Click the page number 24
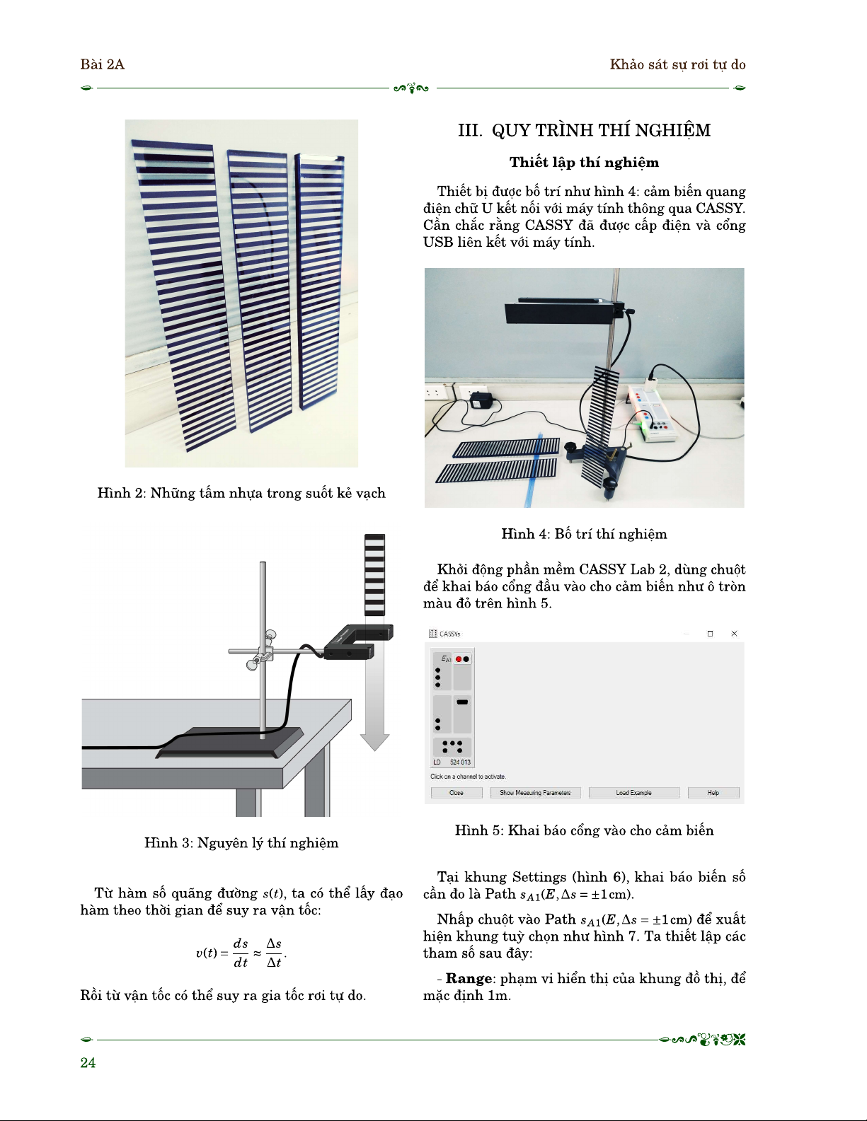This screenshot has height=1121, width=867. (x=88, y=1062)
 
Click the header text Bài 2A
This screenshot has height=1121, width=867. (x=102, y=64)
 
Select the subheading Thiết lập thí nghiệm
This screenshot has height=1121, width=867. (x=584, y=163)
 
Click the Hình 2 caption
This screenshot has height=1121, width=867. (x=241, y=493)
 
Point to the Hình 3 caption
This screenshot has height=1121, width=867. (x=241, y=842)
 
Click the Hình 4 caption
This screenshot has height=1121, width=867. (x=584, y=534)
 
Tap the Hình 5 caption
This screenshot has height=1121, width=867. (x=584, y=830)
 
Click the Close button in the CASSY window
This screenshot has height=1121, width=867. (x=457, y=793)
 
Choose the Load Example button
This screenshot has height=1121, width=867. (x=633, y=793)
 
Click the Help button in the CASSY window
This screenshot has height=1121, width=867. (x=713, y=793)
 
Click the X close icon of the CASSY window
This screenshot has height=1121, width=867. (x=734, y=634)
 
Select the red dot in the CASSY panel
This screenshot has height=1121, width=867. (x=459, y=659)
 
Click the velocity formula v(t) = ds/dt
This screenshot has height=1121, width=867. (x=241, y=953)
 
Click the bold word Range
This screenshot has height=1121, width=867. (x=469, y=979)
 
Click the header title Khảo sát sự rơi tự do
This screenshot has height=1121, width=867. (x=677, y=64)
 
